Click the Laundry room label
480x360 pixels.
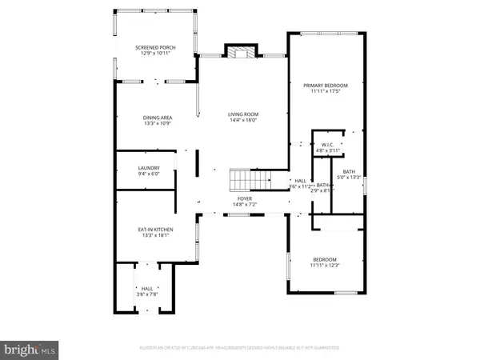tap(148, 167)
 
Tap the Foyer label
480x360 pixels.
tap(245, 198)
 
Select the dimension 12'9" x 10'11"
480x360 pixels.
tap(155, 53)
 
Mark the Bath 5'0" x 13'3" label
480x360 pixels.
tap(350, 174)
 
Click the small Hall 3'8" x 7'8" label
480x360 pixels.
tap(147, 290)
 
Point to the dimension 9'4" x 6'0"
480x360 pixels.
tap(148, 173)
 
